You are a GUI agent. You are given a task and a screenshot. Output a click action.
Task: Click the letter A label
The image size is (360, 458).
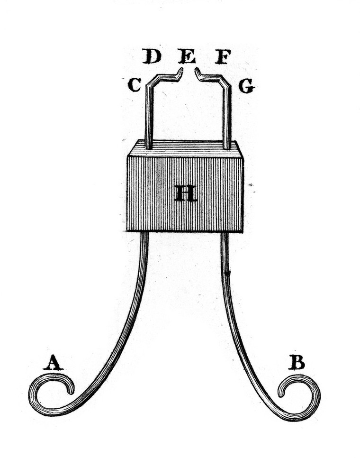point(53,363)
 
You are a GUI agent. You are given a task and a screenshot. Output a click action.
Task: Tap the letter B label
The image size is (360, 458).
point(297,362)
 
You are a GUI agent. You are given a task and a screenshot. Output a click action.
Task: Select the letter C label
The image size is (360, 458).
point(135,85)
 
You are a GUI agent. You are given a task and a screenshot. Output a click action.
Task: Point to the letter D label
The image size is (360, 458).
point(152,56)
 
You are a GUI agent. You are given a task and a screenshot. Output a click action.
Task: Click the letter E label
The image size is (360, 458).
point(187,56)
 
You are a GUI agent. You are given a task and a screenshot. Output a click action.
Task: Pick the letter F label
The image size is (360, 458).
point(223,56)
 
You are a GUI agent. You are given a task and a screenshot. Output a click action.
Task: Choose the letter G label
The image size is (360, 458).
point(247,86)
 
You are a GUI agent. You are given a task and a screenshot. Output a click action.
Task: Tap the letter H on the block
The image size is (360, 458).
point(186,193)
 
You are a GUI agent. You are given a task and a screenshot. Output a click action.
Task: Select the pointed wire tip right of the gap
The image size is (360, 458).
point(196,69)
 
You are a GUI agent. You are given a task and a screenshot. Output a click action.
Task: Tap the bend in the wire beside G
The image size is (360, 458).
point(225,82)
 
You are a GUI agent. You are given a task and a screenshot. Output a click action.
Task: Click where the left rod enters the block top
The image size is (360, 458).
point(149,148)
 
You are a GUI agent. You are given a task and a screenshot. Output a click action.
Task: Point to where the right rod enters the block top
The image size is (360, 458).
point(227,148)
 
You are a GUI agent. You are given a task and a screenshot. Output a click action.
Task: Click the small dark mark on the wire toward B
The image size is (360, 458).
point(228,274)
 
